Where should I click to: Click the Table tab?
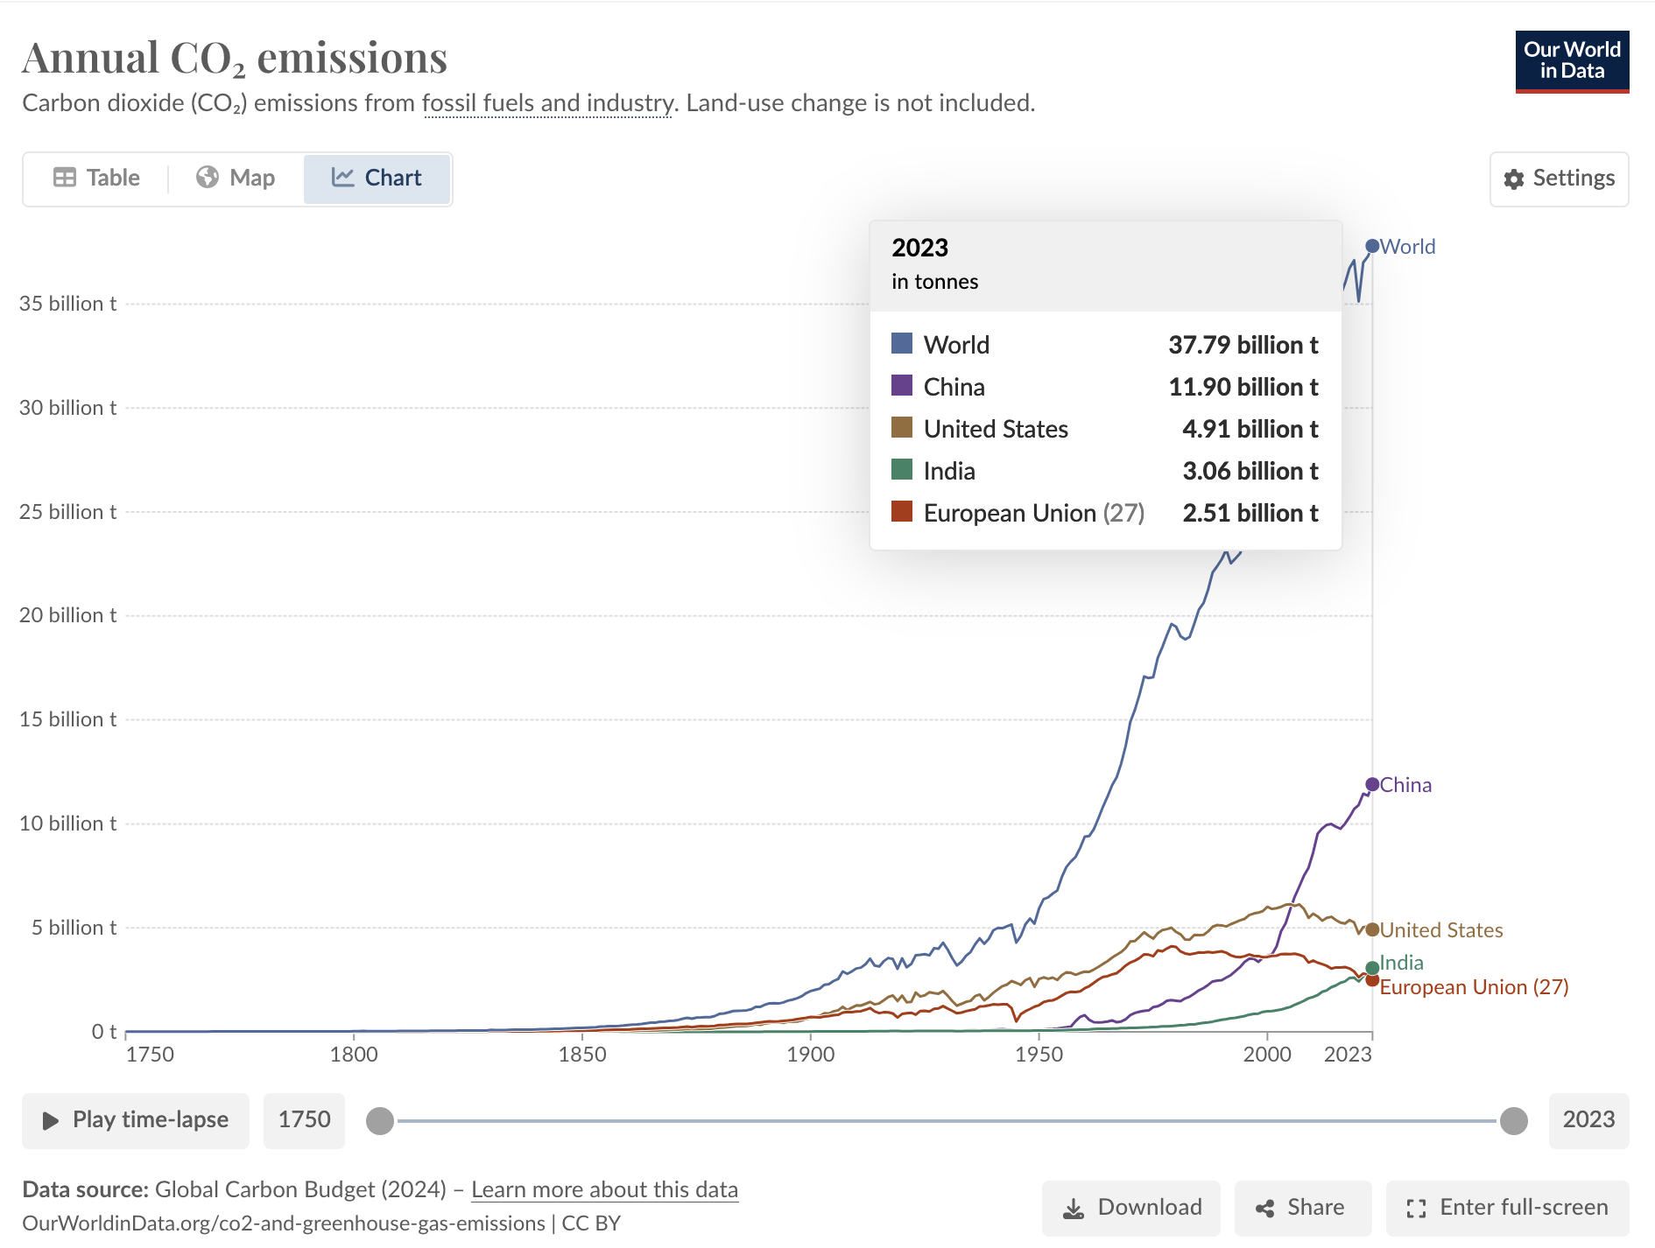pos(96,179)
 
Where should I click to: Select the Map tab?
pos(236,179)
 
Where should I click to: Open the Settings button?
pos(1559,179)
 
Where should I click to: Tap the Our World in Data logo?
pos(1572,61)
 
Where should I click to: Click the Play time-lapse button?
pos(136,1120)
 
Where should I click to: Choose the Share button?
pos(1301,1208)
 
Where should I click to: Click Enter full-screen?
pos(1507,1208)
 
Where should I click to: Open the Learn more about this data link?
pos(604,1190)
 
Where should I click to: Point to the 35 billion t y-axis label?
pos(67,304)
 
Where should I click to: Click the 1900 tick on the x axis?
pos(810,1054)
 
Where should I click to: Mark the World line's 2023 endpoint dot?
pos(1372,246)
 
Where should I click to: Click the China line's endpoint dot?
pos(1372,784)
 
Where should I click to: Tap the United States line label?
pos(1441,930)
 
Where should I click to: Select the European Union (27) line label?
pos(1474,987)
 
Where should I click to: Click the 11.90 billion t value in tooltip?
pos(1243,387)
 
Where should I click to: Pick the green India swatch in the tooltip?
pos(902,470)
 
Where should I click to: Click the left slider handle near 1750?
pos(380,1120)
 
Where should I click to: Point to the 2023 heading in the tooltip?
pos(919,248)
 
